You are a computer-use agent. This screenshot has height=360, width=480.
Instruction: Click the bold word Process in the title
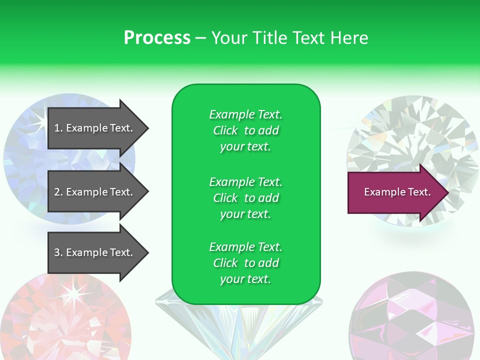[157, 38]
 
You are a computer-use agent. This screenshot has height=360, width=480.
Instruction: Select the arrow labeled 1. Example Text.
[95, 128]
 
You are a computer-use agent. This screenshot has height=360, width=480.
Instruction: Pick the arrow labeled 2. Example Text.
[95, 192]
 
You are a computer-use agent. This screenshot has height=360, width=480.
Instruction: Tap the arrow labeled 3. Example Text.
[95, 252]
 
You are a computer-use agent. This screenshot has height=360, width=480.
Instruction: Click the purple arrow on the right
[395, 192]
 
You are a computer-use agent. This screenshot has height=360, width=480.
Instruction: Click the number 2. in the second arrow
[58, 192]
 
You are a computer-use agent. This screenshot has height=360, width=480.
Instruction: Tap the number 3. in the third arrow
[58, 252]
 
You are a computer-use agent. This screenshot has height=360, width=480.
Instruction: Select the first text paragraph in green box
[245, 130]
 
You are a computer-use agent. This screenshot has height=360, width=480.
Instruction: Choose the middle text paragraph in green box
[245, 198]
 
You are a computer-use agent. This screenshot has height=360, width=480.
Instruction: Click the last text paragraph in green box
[245, 263]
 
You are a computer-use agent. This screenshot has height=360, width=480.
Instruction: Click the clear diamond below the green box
[239, 330]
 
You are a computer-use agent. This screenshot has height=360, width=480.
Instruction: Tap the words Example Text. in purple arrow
[397, 192]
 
